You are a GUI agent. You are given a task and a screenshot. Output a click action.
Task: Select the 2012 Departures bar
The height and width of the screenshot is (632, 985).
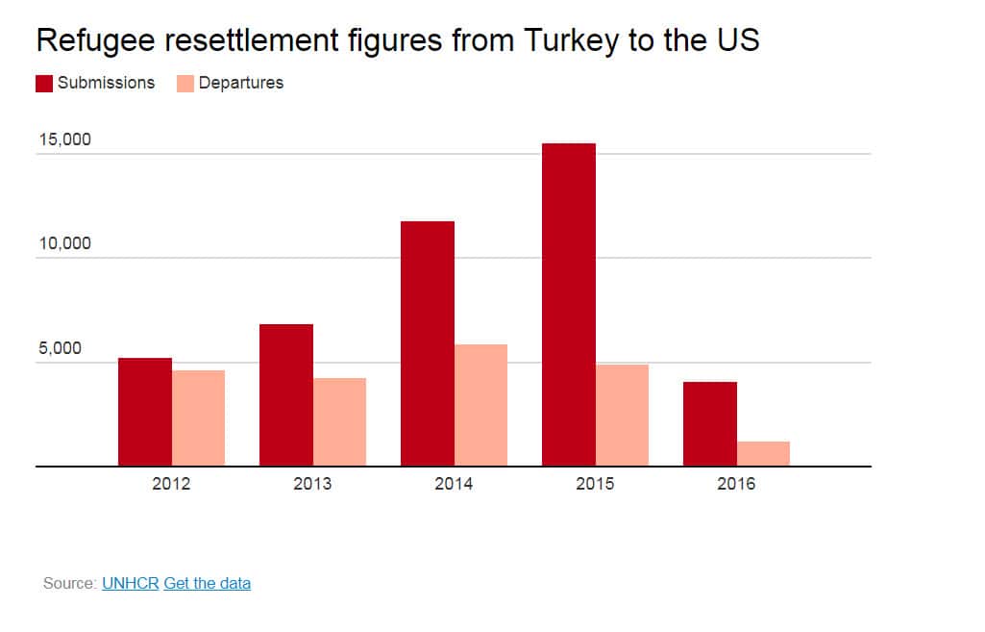(x=198, y=418)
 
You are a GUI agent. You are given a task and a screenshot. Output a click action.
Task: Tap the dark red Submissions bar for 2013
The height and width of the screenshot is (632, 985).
(x=286, y=395)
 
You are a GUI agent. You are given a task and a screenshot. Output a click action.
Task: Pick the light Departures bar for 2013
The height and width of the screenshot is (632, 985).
(x=339, y=422)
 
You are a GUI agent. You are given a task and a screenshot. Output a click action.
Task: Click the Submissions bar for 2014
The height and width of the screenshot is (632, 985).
(x=428, y=343)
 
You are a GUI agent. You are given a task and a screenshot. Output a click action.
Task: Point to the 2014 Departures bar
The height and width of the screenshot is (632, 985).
(x=480, y=405)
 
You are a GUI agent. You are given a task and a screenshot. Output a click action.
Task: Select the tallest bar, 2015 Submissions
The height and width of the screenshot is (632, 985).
(x=569, y=305)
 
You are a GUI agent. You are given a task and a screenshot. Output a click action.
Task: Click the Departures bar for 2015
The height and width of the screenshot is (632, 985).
(x=622, y=416)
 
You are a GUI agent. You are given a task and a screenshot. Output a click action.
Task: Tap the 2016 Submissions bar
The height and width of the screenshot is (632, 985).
(x=710, y=424)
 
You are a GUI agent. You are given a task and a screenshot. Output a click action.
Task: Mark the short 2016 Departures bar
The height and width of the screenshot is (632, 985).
(x=763, y=454)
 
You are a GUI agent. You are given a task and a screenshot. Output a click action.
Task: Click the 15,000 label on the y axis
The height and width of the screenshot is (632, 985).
(x=64, y=139)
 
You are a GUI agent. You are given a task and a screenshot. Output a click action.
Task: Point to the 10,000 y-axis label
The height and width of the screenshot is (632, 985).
(x=64, y=243)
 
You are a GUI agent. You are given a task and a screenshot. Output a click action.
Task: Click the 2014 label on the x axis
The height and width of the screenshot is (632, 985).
(x=454, y=484)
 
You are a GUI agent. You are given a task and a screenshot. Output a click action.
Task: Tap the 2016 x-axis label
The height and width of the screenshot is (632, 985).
(x=736, y=484)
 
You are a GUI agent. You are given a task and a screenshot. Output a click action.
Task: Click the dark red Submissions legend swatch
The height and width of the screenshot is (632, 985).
(x=44, y=84)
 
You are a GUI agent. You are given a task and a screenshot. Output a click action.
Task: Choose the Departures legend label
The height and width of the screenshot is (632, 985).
(x=241, y=83)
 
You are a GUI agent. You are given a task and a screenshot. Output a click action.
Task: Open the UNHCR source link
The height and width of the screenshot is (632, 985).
(x=130, y=583)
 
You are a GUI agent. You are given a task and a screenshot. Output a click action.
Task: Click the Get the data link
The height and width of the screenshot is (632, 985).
(x=208, y=583)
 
